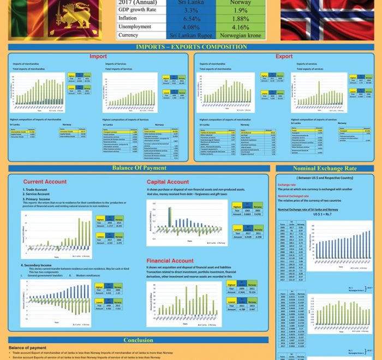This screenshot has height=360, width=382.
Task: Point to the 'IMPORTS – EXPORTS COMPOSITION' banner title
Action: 190,47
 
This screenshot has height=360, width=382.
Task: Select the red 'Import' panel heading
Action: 98,56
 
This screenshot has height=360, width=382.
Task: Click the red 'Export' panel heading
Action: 284,56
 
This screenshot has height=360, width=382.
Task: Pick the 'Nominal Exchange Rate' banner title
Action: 324,168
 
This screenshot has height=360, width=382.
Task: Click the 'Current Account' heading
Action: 45,182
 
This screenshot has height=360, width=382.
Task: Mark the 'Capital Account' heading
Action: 168,182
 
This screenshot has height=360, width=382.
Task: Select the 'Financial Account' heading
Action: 170,261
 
